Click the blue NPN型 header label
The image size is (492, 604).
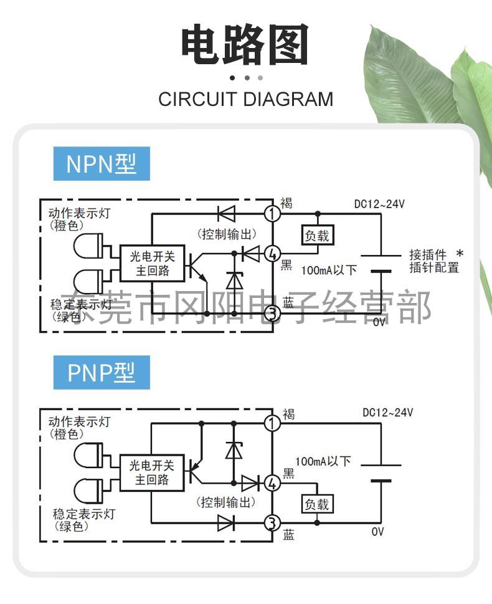[102, 164]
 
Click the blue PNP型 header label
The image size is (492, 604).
[102, 373]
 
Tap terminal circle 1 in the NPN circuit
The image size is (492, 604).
[273, 213]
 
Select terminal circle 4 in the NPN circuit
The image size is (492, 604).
[273, 254]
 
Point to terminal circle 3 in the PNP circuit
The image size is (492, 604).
[272, 523]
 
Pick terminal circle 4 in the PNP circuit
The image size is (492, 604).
[272, 482]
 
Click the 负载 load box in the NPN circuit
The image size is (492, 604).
[317, 235]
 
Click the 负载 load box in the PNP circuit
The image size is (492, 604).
[317, 504]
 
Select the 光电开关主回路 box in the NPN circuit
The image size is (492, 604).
[153, 263]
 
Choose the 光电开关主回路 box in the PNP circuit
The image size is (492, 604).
[152, 472]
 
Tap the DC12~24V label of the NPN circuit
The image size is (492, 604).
[379, 204]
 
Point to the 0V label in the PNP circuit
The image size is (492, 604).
[377, 532]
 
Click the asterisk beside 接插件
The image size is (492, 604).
[460, 254]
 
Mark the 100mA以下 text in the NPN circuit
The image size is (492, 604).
[329, 270]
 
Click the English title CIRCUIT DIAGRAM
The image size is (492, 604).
[245, 99]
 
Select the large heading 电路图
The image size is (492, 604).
[245, 44]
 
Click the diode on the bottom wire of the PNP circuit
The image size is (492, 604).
[226, 523]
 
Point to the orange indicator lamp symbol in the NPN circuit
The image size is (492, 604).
[88, 246]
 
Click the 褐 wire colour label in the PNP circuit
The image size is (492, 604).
[289, 415]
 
